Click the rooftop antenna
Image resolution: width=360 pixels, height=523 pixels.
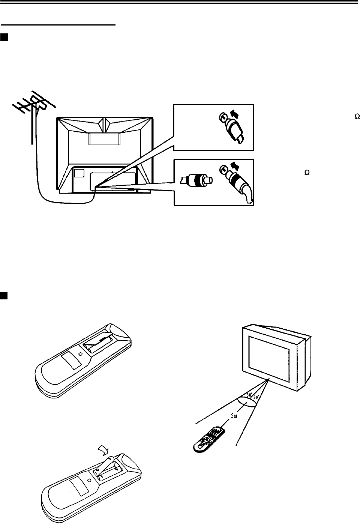click(x=33, y=106)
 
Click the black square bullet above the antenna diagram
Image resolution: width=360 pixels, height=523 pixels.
click(x=4, y=37)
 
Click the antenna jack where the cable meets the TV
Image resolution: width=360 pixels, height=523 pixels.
click(x=95, y=187)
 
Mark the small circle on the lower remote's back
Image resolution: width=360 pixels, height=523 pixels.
click(x=88, y=480)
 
